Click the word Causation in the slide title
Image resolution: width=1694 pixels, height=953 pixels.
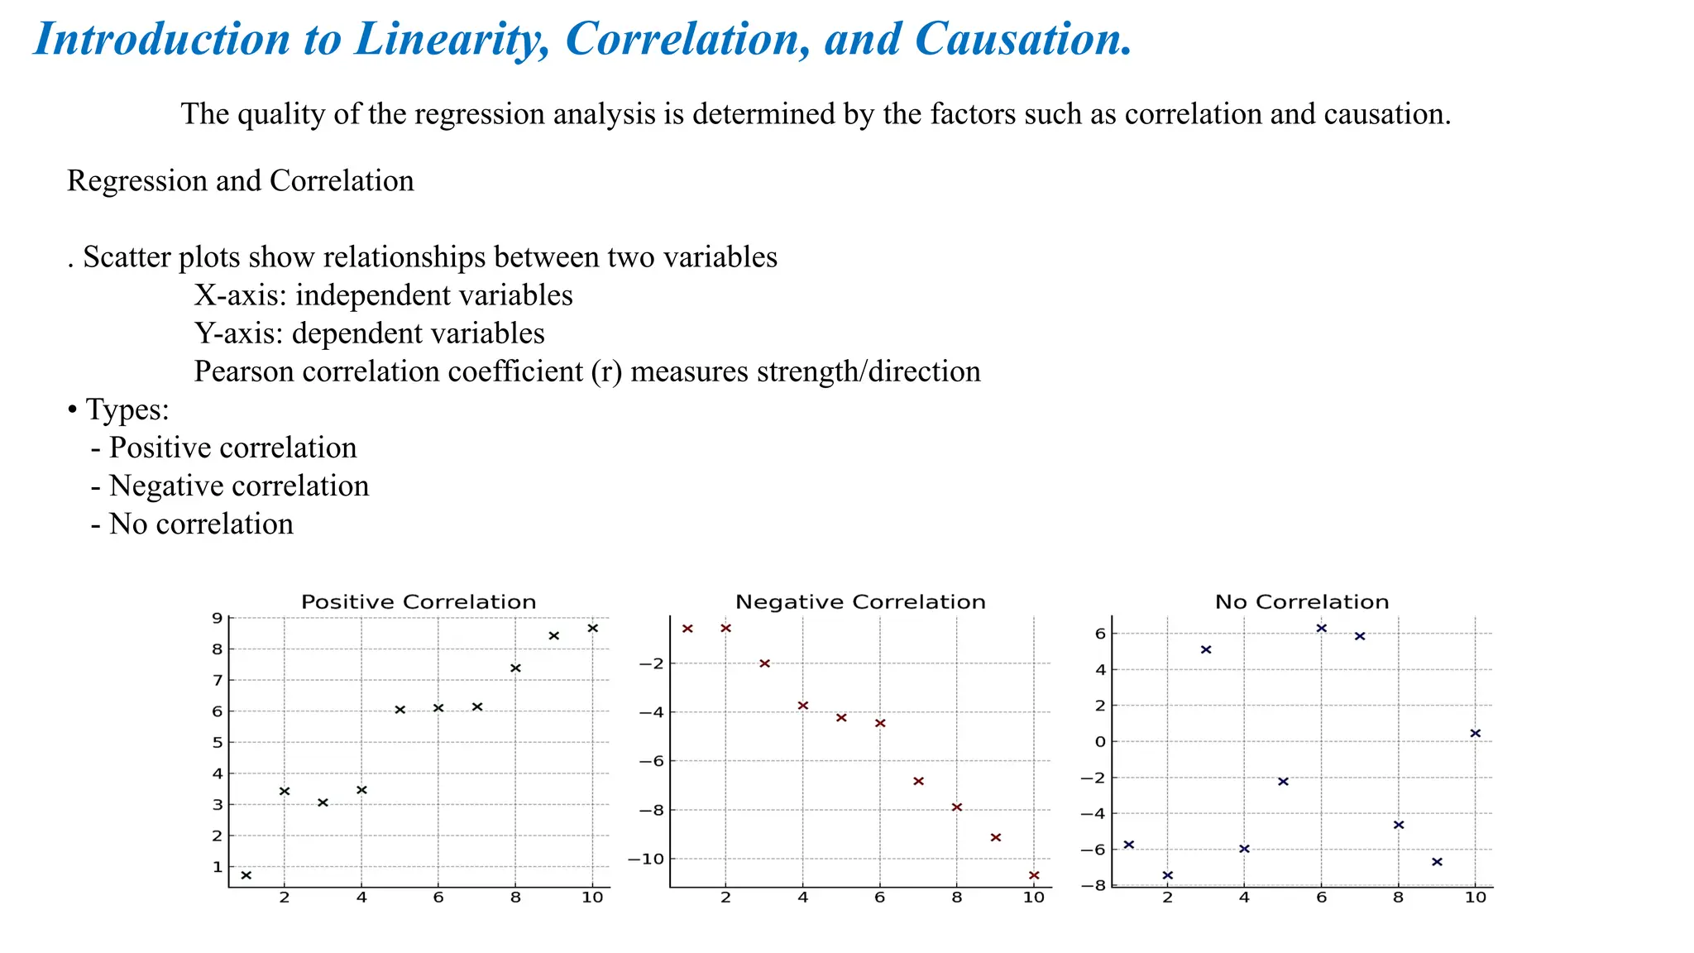coord(1023,39)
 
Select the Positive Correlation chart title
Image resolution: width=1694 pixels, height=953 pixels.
coord(419,602)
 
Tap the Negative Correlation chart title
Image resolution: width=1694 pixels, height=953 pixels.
coord(860,602)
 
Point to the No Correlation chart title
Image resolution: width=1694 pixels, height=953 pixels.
coord(1302,602)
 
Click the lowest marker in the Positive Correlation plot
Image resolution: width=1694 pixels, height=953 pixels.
coord(246,875)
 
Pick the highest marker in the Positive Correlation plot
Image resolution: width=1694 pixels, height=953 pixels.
coord(592,628)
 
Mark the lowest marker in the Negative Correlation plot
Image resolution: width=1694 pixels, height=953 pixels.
coord(1034,875)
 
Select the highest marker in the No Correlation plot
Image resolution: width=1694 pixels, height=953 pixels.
coord(1321,628)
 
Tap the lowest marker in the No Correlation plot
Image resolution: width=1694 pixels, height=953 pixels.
coord(1167,875)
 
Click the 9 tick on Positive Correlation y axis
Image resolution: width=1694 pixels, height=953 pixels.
coord(217,618)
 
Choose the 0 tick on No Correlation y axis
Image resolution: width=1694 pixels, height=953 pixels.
coord(1100,741)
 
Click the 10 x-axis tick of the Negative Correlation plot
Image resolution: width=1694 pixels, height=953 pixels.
coord(1034,898)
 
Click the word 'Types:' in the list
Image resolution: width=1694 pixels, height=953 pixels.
coord(127,409)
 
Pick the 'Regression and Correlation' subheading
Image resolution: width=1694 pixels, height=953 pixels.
coord(241,180)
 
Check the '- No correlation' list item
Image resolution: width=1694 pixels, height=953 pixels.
coord(192,524)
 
